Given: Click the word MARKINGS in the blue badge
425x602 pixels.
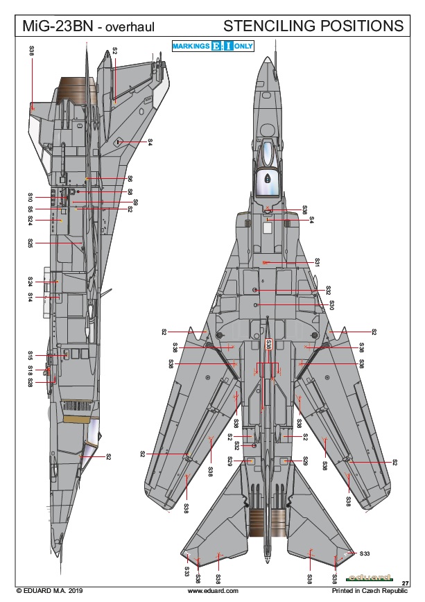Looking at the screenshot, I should tap(191, 46).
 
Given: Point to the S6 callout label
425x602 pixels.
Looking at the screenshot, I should tap(130, 179).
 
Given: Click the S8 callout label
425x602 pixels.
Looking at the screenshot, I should tap(130, 192).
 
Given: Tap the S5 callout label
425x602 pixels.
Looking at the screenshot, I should tap(31, 209).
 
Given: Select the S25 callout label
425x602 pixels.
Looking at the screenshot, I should tap(31, 243).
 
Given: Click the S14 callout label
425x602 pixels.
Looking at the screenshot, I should tap(31, 296).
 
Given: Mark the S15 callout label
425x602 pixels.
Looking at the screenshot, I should tap(31, 355).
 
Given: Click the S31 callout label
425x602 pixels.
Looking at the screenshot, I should tap(317, 263).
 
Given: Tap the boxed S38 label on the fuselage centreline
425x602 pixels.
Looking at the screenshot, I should tap(269, 345).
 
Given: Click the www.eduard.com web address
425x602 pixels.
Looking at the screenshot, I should tap(213, 591).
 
